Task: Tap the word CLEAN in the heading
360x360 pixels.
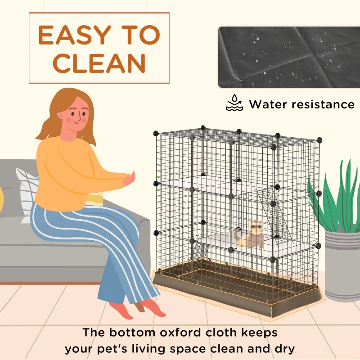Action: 99,63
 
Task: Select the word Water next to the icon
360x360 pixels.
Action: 268,104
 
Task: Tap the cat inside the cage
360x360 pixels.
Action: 252,234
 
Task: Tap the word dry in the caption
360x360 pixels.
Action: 282,349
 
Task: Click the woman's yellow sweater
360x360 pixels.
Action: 67,171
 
